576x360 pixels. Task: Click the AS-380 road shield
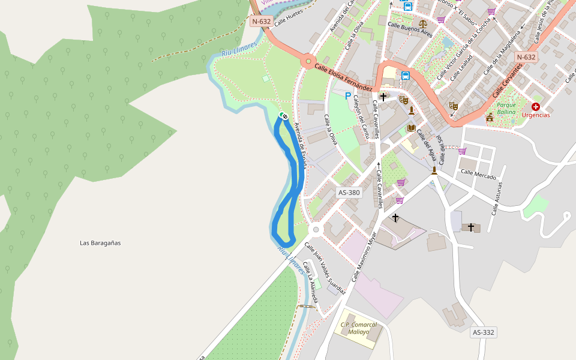click(349, 193)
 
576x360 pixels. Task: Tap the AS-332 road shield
click(483, 332)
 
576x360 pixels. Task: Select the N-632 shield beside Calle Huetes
click(261, 21)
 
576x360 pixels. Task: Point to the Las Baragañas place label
click(100, 243)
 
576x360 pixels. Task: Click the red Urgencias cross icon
click(535, 106)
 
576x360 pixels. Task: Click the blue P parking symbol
click(347, 95)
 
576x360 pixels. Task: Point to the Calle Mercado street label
click(478, 174)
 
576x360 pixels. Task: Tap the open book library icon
click(411, 128)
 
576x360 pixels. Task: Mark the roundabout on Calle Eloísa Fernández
click(308, 60)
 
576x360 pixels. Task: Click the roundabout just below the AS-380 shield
click(316, 230)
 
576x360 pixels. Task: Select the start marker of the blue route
click(284, 116)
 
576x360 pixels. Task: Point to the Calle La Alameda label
click(310, 275)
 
